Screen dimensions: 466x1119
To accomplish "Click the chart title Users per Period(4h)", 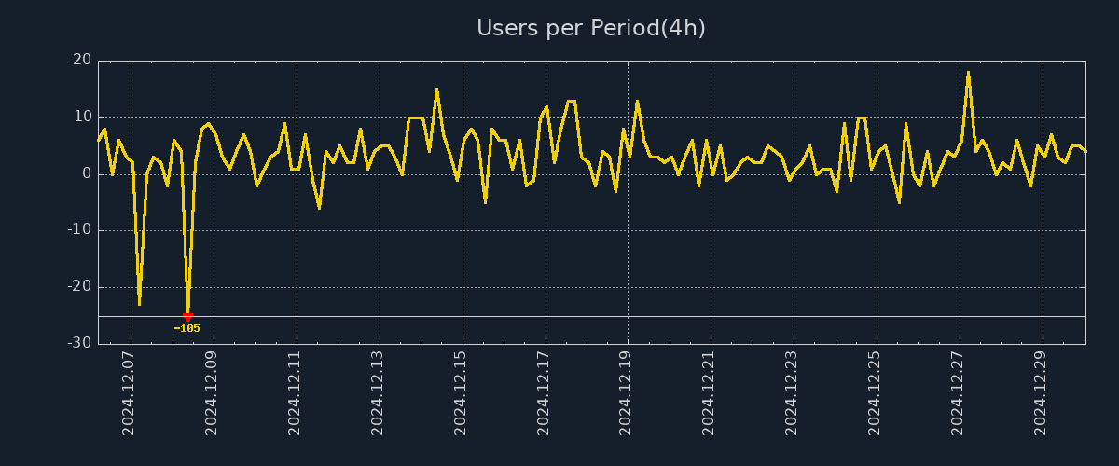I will coord(591,28).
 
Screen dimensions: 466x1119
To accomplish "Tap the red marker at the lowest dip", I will coord(187,317).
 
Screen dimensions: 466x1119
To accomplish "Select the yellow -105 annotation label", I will coord(186,328).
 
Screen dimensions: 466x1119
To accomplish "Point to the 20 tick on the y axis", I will coord(82,61).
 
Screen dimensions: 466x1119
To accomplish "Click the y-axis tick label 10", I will coord(82,117).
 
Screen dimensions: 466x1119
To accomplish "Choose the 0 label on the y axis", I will coord(87,174).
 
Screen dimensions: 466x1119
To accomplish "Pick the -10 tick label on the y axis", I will coord(79,230).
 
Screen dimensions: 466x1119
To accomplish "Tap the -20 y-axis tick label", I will coord(79,287).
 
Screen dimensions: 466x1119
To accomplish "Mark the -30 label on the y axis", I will coord(79,344).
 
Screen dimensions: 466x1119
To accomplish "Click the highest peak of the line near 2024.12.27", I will coord(968,72).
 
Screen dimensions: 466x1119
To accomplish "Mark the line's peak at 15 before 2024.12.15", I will coord(436,89).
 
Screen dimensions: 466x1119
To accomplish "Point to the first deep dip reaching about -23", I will coord(139,304).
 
